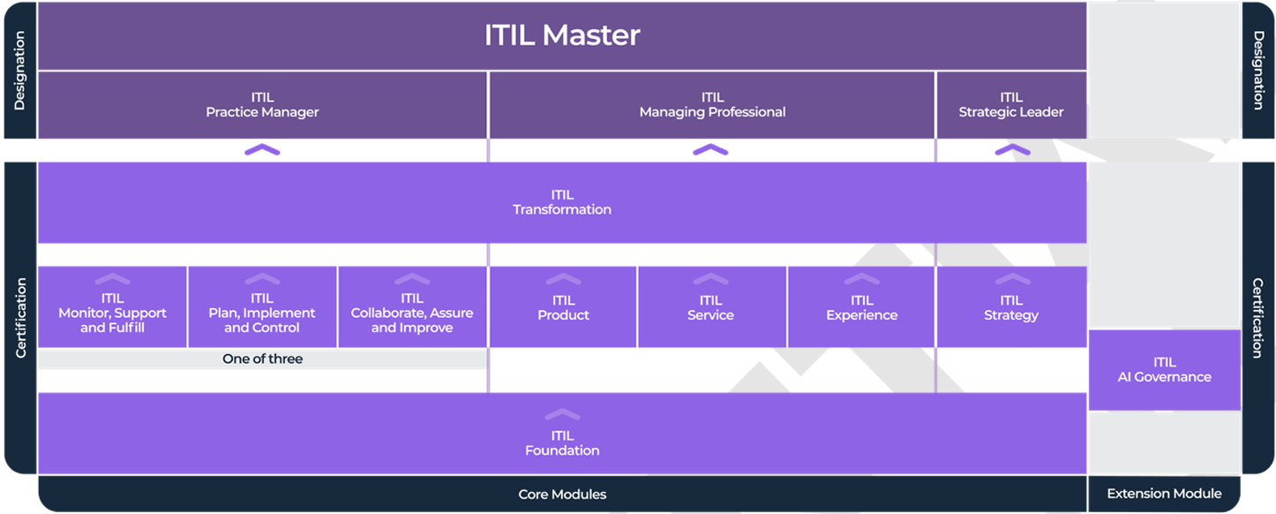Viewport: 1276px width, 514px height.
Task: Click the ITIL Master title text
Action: (562, 35)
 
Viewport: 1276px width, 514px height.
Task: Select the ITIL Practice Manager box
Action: (262, 105)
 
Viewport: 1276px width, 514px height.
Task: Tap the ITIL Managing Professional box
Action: (712, 105)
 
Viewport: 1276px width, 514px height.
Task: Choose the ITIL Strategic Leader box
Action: (1010, 105)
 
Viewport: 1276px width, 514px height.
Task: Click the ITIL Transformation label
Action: (562, 202)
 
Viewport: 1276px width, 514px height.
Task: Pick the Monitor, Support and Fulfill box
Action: (112, 312)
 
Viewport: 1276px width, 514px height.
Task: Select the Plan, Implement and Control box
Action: (262, 312)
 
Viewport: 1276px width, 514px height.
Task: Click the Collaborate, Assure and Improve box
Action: (412, 312)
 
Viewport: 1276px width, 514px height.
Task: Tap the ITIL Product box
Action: (563, 308)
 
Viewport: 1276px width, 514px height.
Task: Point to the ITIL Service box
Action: (711, 308)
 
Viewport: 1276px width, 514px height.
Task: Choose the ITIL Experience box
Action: (861, 308)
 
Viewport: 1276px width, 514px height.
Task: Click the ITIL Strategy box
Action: (1011, 308)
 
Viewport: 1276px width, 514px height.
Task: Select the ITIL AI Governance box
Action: (1164, 370)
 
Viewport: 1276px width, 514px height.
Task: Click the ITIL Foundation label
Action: (562, 443)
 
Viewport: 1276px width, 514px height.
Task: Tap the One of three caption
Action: (262, 359)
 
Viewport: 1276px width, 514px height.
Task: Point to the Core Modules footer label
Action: (562, 495)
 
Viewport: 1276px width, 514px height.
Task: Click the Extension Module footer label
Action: (1164, 495)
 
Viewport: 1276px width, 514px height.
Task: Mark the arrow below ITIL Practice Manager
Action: (262, 150)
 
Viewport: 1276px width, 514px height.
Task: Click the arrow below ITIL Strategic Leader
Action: (1011, 150)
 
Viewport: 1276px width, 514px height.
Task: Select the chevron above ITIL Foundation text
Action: (562, 414)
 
